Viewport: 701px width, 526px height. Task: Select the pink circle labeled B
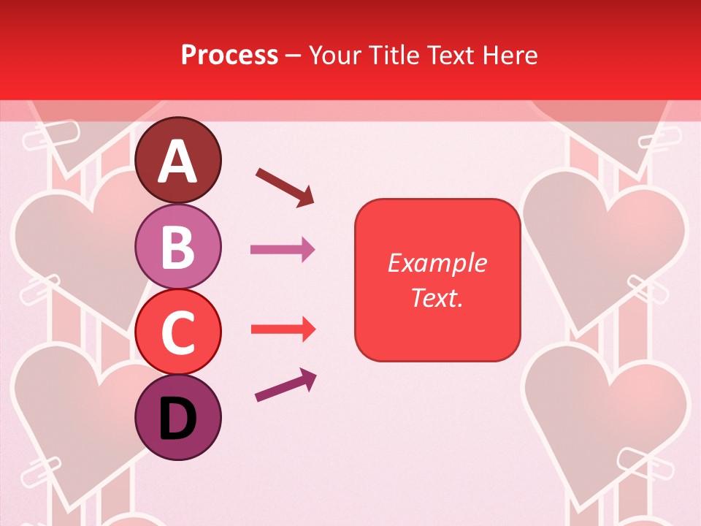178,246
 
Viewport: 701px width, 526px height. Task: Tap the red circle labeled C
178,332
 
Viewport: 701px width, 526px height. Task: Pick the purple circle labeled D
178,417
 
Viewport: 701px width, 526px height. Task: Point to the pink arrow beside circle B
283,250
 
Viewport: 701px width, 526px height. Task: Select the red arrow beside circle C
283,329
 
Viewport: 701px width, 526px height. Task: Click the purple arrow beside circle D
286,386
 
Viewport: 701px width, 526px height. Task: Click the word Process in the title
229,55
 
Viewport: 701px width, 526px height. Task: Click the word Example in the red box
437,263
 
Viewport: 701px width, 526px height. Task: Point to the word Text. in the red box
437,297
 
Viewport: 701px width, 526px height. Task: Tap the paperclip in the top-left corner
51,136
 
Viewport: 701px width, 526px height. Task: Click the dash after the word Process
294,56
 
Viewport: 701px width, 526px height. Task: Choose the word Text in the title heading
449,55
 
